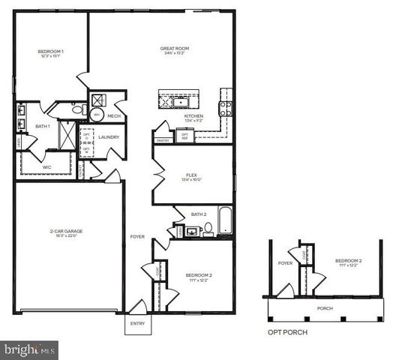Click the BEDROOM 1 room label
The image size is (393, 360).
click(51, 50)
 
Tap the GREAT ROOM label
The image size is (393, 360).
click(174, 49)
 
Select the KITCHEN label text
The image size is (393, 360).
click(194, 116)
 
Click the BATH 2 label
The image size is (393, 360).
click(199, 214)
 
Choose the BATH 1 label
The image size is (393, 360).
click(43, 126)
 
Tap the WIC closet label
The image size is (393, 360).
click(46, 166)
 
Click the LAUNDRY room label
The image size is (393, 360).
click(109, 137)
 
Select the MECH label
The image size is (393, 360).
click(114, 116)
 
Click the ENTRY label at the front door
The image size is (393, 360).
click(138, 324)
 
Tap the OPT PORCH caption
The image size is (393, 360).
click(287, 331)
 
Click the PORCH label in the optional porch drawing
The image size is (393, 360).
click(325, 307)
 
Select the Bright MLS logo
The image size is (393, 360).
click(30, 349)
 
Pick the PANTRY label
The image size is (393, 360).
click(163, 140)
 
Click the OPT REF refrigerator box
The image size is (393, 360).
click(184, 136)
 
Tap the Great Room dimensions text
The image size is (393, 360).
click(174, 55)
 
